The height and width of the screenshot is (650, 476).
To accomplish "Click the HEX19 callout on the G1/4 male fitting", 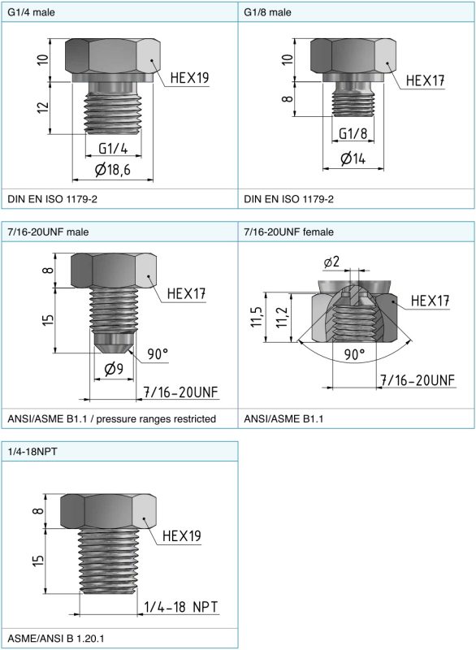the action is [x=189, y=77].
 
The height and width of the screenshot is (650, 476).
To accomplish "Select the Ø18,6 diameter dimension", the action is [x=112, y=169].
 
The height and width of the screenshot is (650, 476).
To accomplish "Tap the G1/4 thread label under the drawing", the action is [x=113, y=149].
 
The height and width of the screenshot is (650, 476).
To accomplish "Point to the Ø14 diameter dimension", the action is [x=353, y=158].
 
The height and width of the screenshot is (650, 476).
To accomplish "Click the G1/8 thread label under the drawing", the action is [x=353, y=133].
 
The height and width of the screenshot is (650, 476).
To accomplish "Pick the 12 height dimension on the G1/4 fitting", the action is [x=43, y=107].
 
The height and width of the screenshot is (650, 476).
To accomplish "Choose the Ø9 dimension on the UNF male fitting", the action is [x=114, y=368].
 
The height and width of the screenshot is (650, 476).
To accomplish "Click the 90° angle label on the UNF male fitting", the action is [x=158, y=354].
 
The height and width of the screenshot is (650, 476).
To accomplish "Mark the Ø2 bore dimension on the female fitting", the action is [x=331, y=262].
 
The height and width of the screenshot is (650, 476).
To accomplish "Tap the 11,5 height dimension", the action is [x=256, y=317].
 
